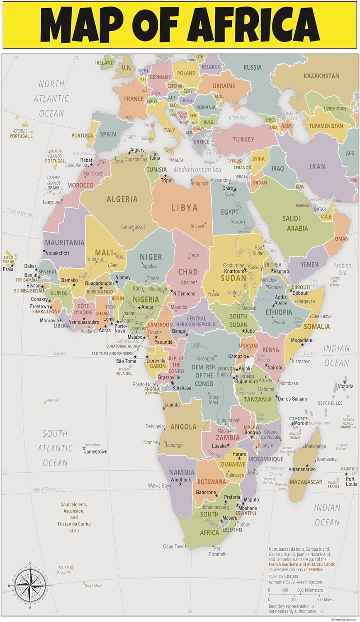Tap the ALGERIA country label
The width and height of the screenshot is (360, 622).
pyautogui.click(x=122, y=199)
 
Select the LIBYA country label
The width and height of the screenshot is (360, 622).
pyautogui.click(x=185, y=207)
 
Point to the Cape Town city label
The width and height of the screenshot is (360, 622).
pyautogui.click(x=174, y=547)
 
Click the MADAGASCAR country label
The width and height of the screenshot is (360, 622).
pyautogui.click(x=306, y=482)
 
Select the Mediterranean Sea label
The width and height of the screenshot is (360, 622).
pyautogui.click(x=197, y=170)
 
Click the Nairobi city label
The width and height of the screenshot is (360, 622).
pyautogui.click(x=275, y=367)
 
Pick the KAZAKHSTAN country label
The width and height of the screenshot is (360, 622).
pyautogui.click(x=321, y=76)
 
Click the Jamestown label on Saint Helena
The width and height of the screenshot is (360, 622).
pyautogui.click(x=96, y=452)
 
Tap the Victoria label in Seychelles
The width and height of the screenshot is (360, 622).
pyautogui.click(x=345, y=386)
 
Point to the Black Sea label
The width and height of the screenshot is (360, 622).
pyautogui.click(x=238, y=117)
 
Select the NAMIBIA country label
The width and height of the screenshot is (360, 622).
pyautogui.click(x=182, y=472)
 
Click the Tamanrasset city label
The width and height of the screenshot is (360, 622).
pyautogui.click(x=133, y=227)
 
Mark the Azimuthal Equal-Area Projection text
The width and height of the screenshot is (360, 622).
pyautogui.click(x=295, y=582)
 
